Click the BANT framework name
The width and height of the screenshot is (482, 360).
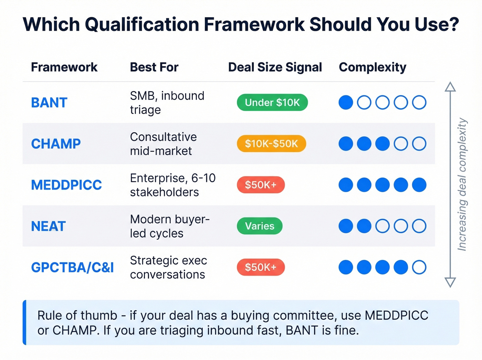click(49, 103)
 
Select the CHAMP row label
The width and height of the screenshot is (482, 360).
click(56, 144)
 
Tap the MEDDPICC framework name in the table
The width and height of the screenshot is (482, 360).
click(66, 185)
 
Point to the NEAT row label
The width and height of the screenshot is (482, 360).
click(48, 226)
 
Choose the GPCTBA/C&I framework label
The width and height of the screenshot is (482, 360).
click(72, 267)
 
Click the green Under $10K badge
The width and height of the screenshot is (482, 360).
click(272, 102)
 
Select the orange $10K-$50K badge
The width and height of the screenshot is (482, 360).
click(271, 144)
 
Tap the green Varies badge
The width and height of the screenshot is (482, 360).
click(260, 226)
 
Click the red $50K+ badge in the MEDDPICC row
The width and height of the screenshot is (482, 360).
click(261, 185)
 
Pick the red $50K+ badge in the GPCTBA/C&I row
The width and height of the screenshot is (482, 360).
click(261, 267)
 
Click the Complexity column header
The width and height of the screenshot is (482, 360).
click(373, 67)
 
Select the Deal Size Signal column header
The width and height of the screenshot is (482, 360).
click(275, 67)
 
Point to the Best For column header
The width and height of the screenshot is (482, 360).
click(154, 67)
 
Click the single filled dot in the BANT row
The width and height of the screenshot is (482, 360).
click(346, 102)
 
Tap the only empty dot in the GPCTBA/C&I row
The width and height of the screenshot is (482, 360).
click(419, 267)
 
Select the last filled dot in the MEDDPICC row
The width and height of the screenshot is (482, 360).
click(419, 185)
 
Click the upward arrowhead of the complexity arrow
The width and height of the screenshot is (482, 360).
click(450, 87)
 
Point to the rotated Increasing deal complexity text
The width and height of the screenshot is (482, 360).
click(462, 184)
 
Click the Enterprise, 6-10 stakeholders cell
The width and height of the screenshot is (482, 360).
click(172, 185)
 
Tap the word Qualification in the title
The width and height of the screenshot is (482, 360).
click(142, 24)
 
